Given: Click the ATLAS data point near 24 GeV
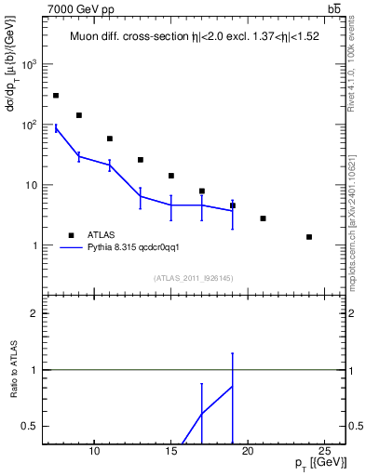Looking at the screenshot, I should click(309, 237).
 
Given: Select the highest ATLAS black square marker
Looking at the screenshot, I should click(56, 96).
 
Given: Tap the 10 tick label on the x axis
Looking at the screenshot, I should click(94, 452).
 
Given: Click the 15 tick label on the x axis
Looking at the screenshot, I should click(170, 452).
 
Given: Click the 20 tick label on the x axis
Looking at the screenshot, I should click(248, 452).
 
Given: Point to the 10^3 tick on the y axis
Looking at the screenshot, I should click(30, 64).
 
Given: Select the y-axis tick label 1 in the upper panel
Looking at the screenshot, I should click(35, 245).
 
